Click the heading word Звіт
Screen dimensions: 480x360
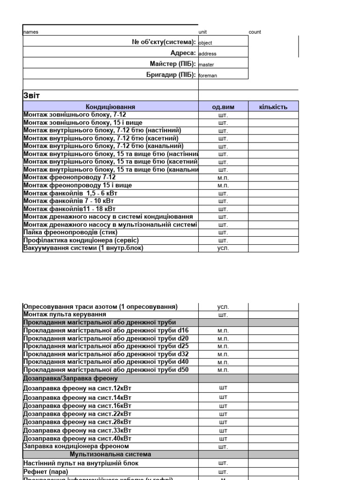point(32,96)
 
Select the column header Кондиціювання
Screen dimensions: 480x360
point(111,107)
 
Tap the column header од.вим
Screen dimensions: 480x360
point(223,107)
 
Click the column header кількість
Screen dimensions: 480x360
point(273,107)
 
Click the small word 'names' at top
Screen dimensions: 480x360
point(31,32)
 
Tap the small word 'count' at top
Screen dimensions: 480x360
point(255,32)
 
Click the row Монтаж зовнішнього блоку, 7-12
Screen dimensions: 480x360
point(75,114)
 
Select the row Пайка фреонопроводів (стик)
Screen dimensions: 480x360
point(70,232)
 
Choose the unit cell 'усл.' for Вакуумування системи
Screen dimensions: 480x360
point(223,248)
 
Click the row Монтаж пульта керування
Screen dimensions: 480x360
point(65,315)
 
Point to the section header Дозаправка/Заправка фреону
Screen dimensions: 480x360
point(70,378)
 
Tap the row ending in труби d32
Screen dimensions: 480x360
point(105,354)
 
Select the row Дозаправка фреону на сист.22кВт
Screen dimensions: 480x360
point(77,414)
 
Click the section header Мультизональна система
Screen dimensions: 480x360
point(111,455)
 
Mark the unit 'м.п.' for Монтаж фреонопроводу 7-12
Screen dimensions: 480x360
point(223,178)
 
